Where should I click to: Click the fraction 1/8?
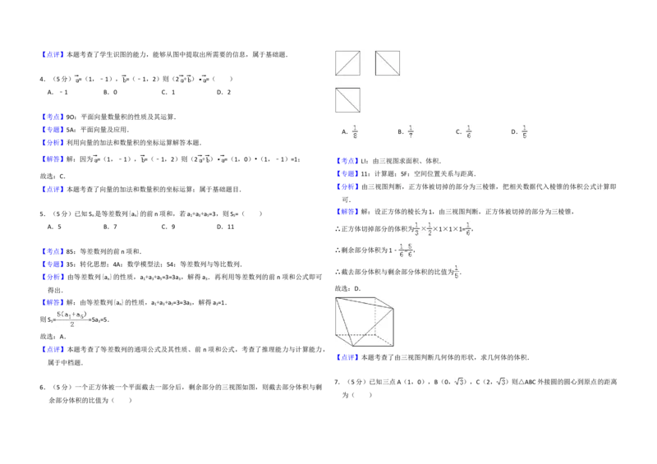click(x=355, y=131)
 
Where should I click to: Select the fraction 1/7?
click(x=410, y=131)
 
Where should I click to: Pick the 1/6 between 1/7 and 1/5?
click(x=466, y=131)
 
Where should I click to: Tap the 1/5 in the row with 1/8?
click(x=526, y=131)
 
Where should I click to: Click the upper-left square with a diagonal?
click(x=347, y=63)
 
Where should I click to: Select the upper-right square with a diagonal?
click(x=387, y=63)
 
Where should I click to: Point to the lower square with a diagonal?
click(x=347, y=99)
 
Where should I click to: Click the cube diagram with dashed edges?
click(x=361, y=322)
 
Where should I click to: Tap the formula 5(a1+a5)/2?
click(x=72, y=319)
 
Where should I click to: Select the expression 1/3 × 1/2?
click(x=422, y=227)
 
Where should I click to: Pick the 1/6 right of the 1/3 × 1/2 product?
click(x=466, y=227)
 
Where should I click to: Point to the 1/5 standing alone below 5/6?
click(x=457, y=272)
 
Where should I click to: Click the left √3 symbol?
click(x=460, y=381)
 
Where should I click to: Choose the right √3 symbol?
click(x=499, y=381)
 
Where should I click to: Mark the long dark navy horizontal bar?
click(x=506, y=194)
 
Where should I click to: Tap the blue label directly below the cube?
click(x=347, y=356)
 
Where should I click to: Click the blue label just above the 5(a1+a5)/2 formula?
click(x=53, y=302)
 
